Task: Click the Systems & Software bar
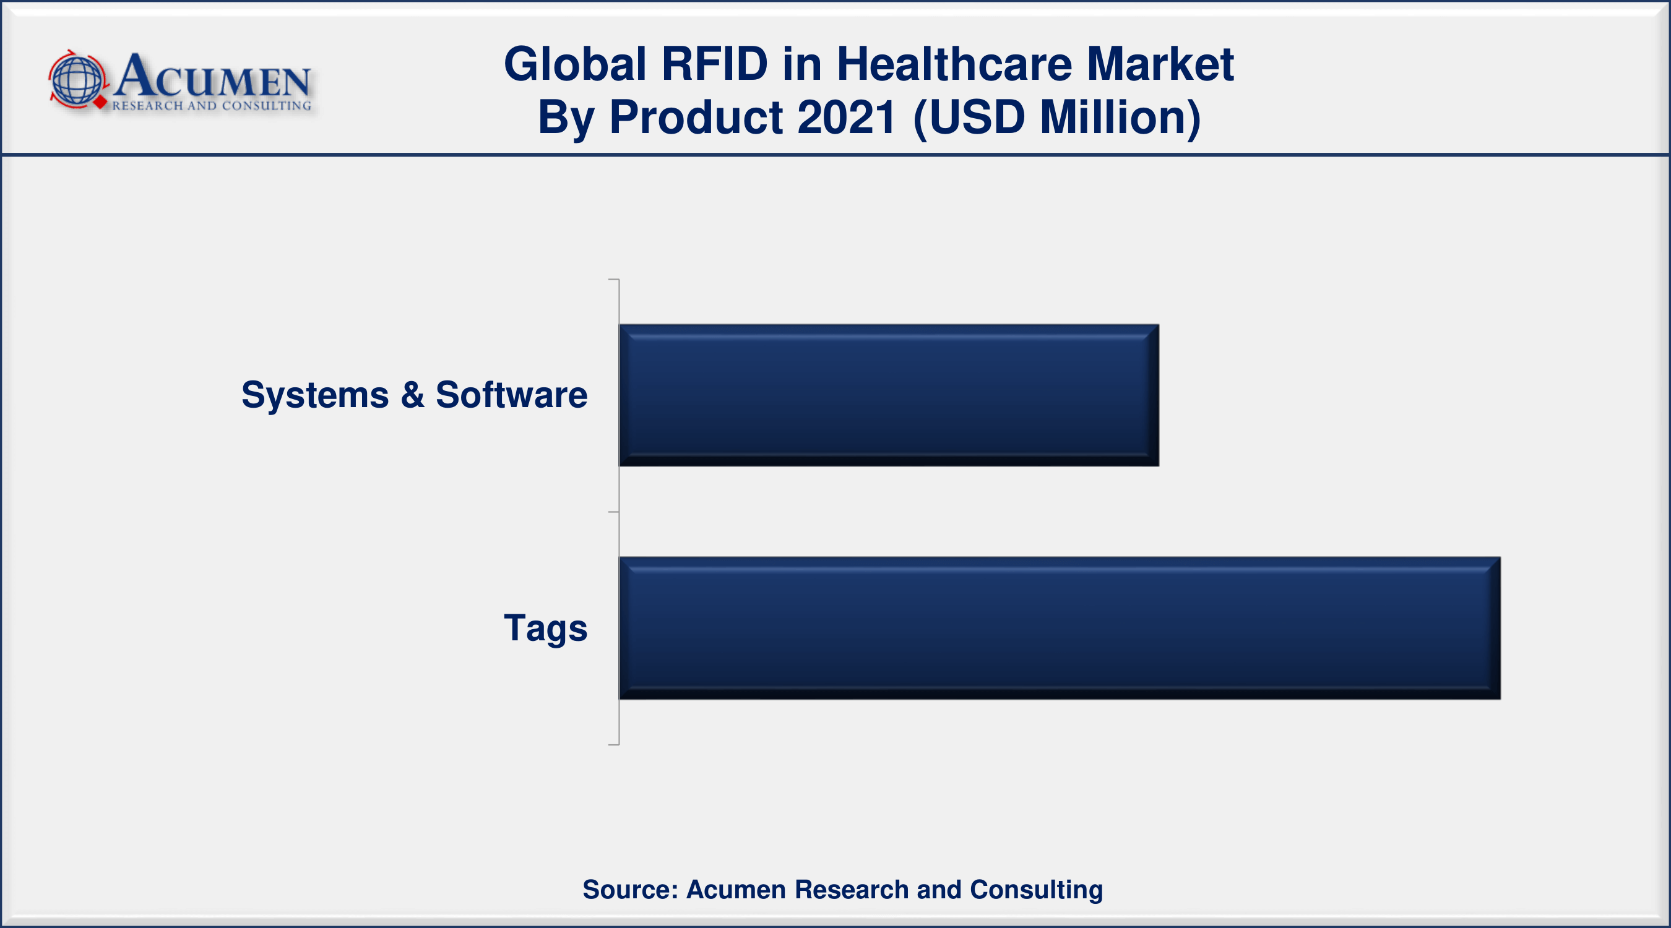tap(889, 395)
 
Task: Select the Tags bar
tap(1060, 628)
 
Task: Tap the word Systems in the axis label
tap(314, 395)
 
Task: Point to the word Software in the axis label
tap(511, 395)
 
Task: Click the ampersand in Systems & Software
tap(413, 395)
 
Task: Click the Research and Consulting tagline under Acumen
tap(212, 106)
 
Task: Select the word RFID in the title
tap(714, 64)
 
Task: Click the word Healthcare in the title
tap(954, 64)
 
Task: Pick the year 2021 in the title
tap(847, 118)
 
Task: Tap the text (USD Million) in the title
tap(1056, 118)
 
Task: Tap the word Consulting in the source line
tap(1036, 889)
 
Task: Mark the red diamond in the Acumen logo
tap(100, 102)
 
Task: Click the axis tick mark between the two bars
tap(614, 512)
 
